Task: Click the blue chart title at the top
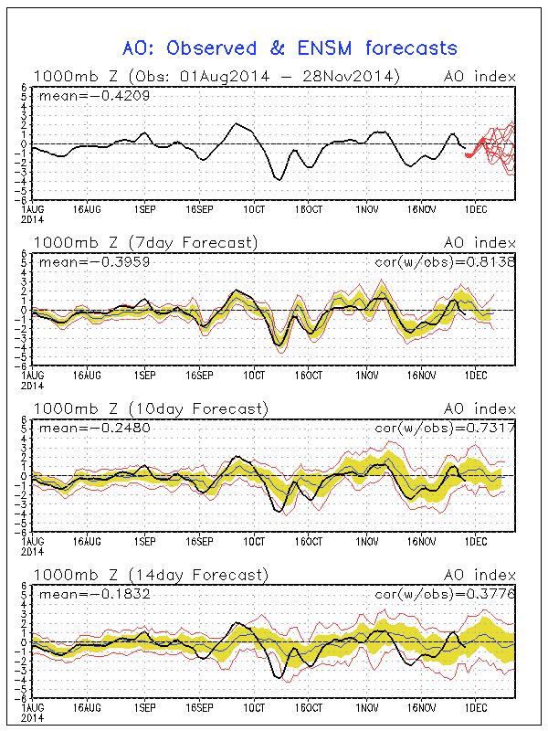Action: (x=290, y=48)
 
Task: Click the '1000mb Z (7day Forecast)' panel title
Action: (x=146, y=242)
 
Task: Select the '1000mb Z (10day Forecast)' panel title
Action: (x=151, y=408)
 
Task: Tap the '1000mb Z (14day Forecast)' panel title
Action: (x=151, y=575)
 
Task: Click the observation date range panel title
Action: (x=217, y=77)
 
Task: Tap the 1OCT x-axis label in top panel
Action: (x=255, y=207)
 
